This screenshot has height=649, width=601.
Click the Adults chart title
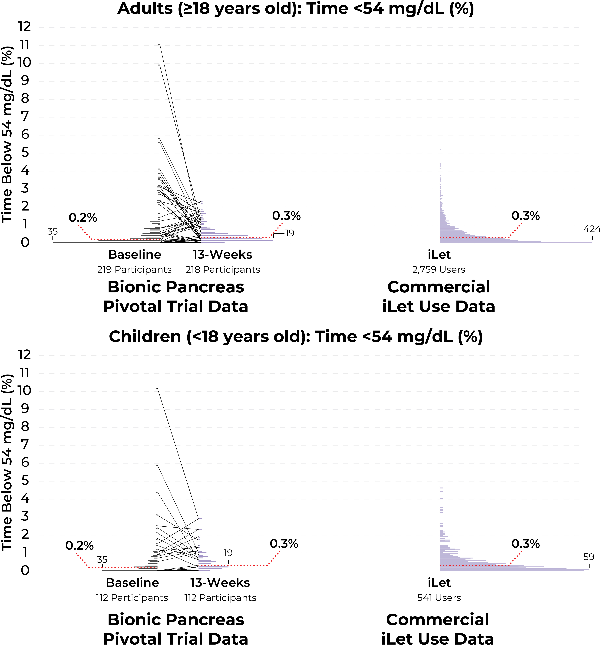[x=296, y=8]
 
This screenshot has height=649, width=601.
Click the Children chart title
[x=296, y=337]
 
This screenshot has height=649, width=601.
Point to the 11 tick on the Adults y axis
[x=24, y=45]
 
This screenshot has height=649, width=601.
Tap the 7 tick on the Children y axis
[x=25, y=444]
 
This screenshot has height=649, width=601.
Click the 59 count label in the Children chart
[x=589, y=557]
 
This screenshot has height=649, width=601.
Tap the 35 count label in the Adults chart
[x=52, y=232]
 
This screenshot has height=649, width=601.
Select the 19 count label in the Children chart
[x=228, y=553]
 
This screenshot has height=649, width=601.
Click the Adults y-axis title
[x=7, y=134]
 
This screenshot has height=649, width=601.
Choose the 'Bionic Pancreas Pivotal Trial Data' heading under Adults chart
[x=176, y=297]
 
